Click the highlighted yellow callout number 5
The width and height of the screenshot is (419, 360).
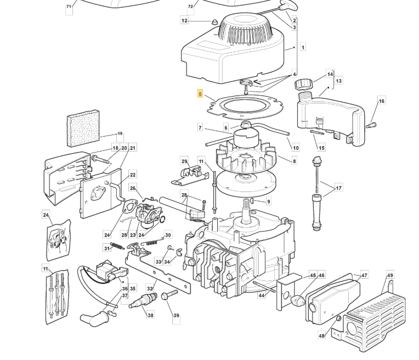201,94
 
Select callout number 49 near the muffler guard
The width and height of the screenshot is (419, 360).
389,275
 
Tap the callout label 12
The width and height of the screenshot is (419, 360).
184,21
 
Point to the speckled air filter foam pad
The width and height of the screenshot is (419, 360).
83,128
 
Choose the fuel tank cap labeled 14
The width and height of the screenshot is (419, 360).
303,85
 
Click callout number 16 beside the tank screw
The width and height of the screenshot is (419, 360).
381,101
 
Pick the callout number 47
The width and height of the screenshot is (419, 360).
364,275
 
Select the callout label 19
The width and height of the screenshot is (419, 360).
120,134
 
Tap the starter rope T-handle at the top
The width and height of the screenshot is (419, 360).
289,7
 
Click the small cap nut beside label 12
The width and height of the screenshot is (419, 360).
213,21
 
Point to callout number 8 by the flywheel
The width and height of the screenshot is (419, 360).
294,161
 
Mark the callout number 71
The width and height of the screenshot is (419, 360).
69,7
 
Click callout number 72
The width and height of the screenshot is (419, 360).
190,7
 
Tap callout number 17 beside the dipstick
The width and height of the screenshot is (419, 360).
338,188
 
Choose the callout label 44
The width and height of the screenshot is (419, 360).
262,296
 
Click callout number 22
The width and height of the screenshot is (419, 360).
133,176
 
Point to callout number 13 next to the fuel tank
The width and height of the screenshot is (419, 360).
338,81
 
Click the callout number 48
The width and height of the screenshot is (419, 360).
322,336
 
